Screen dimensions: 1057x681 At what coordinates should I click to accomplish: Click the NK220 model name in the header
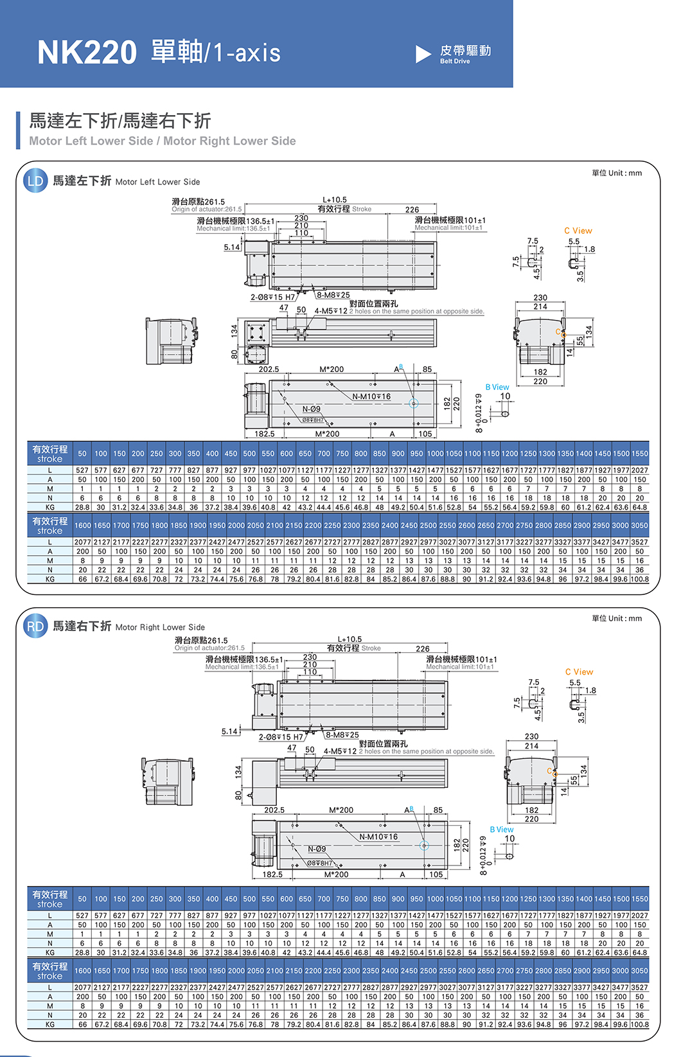(87, 53)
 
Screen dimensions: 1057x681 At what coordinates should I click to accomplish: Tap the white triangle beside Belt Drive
(423, 55)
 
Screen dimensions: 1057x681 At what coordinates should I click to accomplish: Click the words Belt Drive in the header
(455, 62)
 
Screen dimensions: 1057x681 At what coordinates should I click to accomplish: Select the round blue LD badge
(35, 181)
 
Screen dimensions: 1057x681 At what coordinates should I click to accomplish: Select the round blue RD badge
(35, 626)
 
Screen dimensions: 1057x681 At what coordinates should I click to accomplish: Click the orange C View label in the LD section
(578, 231)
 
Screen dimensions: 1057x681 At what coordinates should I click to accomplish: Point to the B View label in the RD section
(502, 830)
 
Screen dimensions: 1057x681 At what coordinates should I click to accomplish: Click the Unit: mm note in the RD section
(617, 618)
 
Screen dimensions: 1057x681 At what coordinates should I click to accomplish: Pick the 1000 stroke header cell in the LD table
(435, 454)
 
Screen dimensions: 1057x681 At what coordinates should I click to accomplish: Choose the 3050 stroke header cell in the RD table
(639, 971)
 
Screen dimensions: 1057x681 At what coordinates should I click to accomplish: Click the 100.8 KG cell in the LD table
(639, 579)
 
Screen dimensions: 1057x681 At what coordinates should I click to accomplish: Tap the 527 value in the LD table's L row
(82, 470)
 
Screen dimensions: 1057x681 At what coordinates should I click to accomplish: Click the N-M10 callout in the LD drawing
(371, 396)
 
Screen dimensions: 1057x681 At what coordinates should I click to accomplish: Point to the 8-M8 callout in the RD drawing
(342, 735)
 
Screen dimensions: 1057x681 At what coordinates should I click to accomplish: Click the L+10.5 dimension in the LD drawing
(335, 200)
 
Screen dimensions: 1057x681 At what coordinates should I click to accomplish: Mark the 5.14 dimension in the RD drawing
(229, 731)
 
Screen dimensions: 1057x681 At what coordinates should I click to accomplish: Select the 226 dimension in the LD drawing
(412, 209)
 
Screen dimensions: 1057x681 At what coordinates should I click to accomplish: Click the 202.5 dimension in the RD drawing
(274, 810)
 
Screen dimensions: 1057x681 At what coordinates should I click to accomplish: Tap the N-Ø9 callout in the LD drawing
(312, 409)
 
